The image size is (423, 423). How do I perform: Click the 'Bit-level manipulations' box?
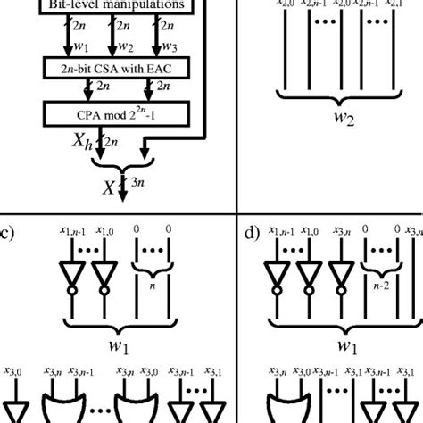click(102, 7)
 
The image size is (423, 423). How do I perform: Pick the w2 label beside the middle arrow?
click(128, 43)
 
